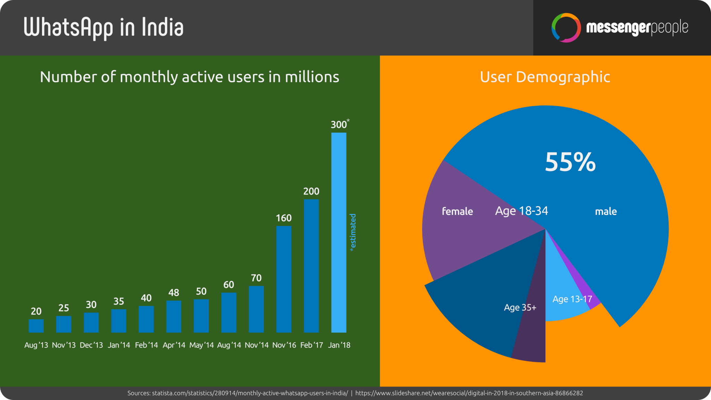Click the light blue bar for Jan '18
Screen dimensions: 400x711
tap(338, 232)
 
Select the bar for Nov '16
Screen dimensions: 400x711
tap(284, 279)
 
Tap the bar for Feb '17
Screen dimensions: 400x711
tap(311, 266)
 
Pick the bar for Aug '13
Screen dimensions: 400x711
tap(36, 326)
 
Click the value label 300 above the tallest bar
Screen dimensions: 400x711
tap(338, 125)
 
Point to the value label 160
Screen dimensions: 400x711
tap(284, 218)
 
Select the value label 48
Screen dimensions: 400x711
tap(174, 293)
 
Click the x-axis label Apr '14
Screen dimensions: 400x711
tap(174, 345)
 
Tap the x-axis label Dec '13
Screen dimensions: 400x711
tap(91, 345)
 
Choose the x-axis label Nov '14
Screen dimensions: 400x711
tap(257, 345)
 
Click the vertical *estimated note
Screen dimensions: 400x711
tap(353, 232)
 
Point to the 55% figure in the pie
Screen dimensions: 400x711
tap(570, 162)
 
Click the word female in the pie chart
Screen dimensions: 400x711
tap(457, 211)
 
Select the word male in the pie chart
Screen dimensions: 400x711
tap(606, 211)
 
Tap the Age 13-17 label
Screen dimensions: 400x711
tap(572, 299)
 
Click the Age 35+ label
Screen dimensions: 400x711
tap(520, 307)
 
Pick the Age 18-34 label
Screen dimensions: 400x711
tap(521, 211)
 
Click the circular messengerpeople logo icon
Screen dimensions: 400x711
tap(566, 28)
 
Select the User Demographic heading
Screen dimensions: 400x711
tap(545, 77)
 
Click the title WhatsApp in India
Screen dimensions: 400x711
tap(103, 28)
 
